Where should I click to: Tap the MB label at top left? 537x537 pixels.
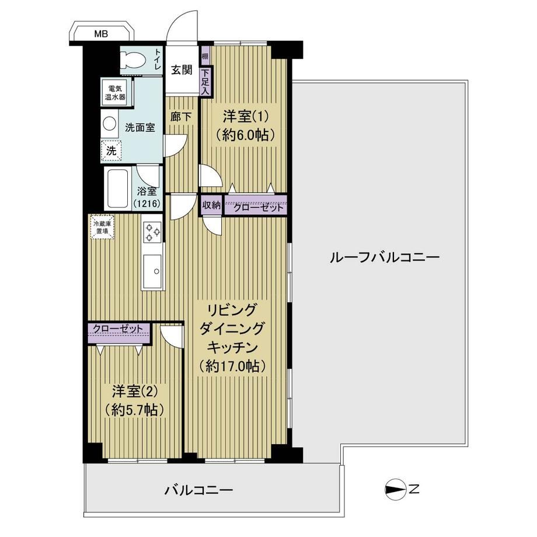click(x=101, y=34)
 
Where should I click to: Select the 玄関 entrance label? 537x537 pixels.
click(x=182, y=70)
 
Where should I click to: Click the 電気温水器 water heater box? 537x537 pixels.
click(x=115, y=92)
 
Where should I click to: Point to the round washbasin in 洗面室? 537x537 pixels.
click(x=110, y=123)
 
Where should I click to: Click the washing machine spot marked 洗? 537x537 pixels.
click(x=111, y=150)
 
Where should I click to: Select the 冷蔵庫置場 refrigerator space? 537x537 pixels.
click(x=102, y=227)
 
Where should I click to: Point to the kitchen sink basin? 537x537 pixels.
click(x=152, y=271)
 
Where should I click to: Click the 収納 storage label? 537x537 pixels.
click(x=211, y=205)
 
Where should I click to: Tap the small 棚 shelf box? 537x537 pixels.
click(x=205, y=56)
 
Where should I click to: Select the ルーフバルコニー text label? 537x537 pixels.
click(x=384, y=257)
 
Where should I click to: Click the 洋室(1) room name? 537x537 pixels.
click(x=245, y=117)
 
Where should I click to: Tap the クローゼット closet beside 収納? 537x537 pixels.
click(x=256, y=205)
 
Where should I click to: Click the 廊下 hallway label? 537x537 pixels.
click(x=181, y=117)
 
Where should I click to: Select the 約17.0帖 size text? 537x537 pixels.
click(x=232, y=367)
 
